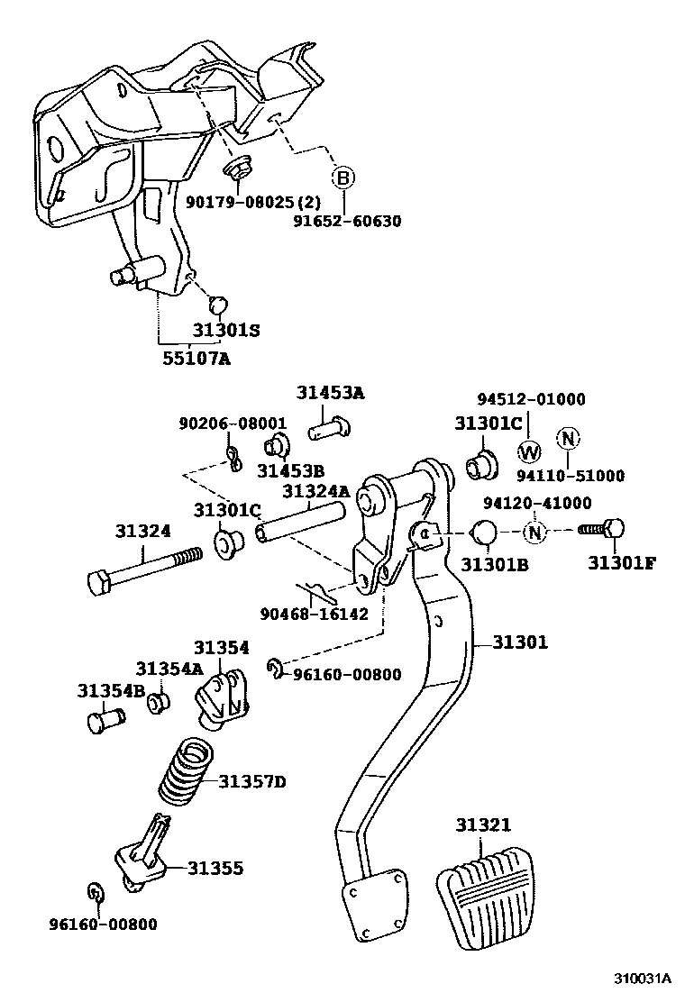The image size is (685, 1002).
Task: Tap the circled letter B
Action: tap(342, 178)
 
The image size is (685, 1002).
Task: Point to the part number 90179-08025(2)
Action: tap(247, 203)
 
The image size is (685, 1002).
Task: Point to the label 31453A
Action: tap(331, 393)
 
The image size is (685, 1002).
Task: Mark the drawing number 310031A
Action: tap(644, 979)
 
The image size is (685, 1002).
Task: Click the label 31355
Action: tap(215, 868)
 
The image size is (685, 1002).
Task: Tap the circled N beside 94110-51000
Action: tap(568, 439)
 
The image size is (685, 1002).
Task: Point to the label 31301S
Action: tap(225, 330)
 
